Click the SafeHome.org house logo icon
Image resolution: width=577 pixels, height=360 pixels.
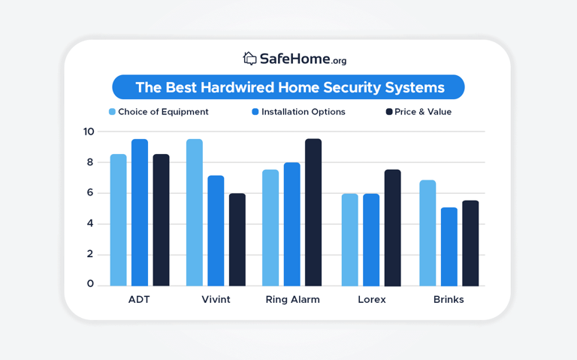tap(249, 58)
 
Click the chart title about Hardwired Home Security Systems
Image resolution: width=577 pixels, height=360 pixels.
tap(288, 87)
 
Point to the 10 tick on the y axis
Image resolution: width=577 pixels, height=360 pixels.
tap(89, 132)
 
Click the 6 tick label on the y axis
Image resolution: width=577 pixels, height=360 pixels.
tap(89, 192)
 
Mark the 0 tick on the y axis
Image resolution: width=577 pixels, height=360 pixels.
tap(89, 284)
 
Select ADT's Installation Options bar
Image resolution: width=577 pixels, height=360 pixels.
tap(140, 213)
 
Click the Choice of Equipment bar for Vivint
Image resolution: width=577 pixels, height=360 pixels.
tap(195, 213)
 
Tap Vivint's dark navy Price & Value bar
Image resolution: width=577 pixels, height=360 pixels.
tap(237, 240)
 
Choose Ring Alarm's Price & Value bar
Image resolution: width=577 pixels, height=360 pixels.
tap(313, 213)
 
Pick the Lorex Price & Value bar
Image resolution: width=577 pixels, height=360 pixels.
tap(392, 228)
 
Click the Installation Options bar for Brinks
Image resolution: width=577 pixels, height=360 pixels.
tap(449, 247)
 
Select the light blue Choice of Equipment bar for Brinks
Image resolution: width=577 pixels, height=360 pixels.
tap(427, 233)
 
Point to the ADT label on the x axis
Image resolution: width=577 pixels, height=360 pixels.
tap(139, 299)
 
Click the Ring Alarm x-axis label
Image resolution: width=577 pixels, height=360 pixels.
tap(292, 299)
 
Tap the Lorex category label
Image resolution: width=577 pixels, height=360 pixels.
tap(371, 299)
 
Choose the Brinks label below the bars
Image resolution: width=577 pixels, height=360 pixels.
tap(449, 299)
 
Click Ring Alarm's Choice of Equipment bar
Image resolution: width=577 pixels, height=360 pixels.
tap(270, 228)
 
